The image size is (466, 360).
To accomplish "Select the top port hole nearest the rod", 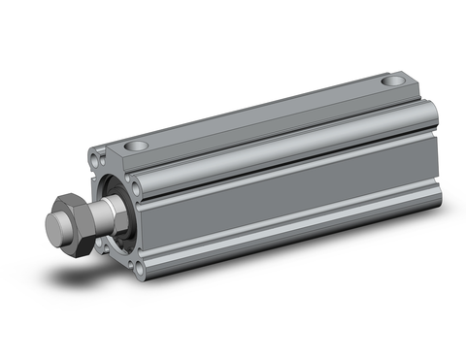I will click(x=138, y=145).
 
